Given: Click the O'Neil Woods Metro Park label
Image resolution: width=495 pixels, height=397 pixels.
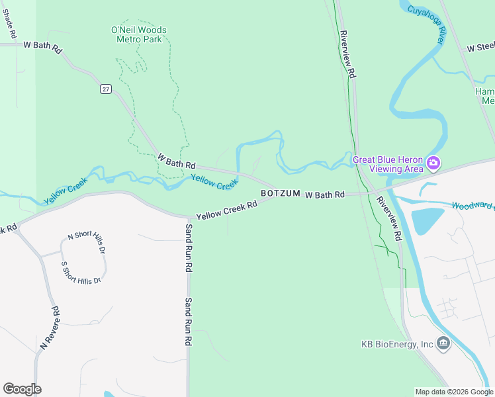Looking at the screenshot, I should pos(139,34).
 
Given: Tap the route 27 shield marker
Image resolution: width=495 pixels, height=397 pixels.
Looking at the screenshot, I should pos(105,89).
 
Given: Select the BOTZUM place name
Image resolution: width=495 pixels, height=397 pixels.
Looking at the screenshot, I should pos(281,194).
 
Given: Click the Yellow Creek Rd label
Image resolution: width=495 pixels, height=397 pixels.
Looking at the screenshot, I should pos(226,211).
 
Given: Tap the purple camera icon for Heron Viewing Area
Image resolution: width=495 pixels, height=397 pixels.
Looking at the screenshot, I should pos(433,162).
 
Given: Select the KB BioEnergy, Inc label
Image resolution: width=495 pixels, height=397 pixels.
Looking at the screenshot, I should pos(397,344).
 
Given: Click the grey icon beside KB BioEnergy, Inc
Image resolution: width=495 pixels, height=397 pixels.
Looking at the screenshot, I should pos(443,343).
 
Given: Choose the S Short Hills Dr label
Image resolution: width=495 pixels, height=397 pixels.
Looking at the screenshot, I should pos(81,273).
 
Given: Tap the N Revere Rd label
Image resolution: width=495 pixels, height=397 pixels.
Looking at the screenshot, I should pos(50,328).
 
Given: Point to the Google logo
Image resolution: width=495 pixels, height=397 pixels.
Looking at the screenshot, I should pos(22,389).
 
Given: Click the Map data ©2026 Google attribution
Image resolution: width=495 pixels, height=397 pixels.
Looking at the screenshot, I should pos(453,392).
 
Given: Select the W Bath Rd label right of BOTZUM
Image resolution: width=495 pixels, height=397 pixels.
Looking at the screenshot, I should pos(324,195).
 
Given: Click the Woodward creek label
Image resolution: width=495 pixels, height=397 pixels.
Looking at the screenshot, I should pos(472,206).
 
